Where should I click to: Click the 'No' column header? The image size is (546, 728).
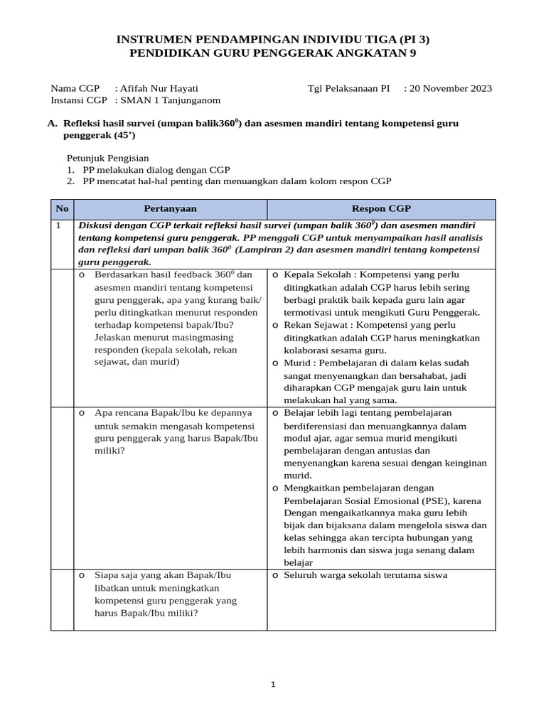pyautogui.click(x=63, y=209)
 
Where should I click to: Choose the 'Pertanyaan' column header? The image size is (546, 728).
pyautogui.click(x=170, y=209)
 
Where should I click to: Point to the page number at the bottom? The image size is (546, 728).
pyautogui.click(x=273, y=685)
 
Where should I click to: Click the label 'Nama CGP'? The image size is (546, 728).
pyautogui.click(x=75, y=89)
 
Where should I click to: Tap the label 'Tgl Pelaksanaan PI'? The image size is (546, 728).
pyautogui.click(x=348, y=89)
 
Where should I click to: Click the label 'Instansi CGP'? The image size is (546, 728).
pyautogui.click(x=79, y=101)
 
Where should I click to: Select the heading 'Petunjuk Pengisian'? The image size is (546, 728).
pyautogui.click(x=108, y=158)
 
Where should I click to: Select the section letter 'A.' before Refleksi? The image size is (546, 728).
pyautogui.click(x=52, y=124)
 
